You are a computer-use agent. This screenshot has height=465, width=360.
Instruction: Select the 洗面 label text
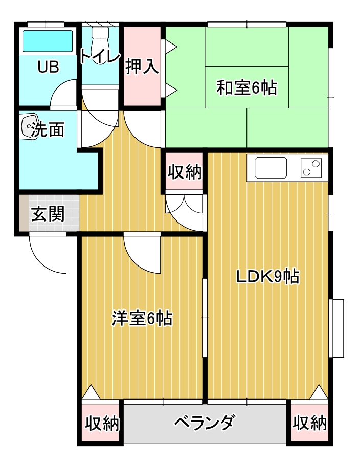[x=48, y=130]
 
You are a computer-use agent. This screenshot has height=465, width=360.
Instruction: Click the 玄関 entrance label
[x=48, y=214]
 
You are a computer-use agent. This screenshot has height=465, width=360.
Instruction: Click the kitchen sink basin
[x=271, y=167]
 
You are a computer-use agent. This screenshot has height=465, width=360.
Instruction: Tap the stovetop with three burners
[x=311, y=167]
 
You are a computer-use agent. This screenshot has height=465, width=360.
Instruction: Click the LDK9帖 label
[x=267, y=276]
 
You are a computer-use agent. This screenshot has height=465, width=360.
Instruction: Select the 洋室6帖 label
[x=142, y=318]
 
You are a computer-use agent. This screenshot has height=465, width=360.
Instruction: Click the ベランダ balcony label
[x=205, y=423]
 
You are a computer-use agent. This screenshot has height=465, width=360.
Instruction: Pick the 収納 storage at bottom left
[x=101, y=424]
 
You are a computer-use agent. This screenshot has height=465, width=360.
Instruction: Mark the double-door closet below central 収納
[x=185, y=210]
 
